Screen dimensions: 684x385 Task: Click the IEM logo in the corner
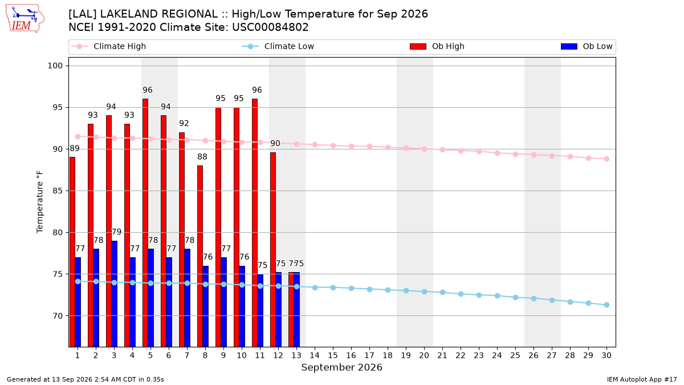(25, 19)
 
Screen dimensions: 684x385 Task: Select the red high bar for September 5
(145, 223)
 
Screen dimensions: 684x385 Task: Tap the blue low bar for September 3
(114, 294)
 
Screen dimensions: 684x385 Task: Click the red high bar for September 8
(200, 256)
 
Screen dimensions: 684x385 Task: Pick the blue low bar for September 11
(260, 310)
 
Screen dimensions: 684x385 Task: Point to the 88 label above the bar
(202, 157)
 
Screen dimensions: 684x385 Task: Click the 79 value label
(117, 232)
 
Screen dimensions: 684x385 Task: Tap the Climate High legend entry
(109, 46)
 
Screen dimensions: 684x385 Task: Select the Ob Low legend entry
(587, 46)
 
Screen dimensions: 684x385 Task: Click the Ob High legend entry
(437, 46)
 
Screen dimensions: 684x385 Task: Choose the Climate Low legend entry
(278, 46)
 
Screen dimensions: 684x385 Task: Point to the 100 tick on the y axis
(55, 66)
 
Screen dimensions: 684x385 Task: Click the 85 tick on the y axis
(58, 191)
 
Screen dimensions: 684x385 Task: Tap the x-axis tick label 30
(606, 355)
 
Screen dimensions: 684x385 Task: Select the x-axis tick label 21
(442, 355)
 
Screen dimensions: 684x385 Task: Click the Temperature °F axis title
(40, 202)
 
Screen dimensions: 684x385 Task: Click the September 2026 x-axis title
(341, 367)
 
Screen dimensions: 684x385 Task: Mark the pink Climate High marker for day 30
(606, 159)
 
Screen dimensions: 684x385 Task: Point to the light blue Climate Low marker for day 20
(424, 292)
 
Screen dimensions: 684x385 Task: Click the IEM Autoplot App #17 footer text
(642, 379)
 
